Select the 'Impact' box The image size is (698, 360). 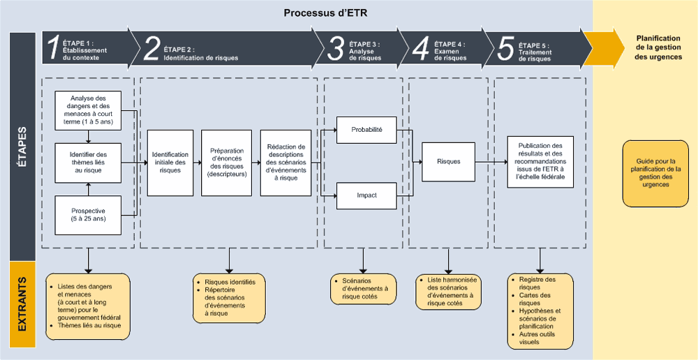click(x=366, y=195)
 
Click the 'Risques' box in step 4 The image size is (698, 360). click(x=448, y=162)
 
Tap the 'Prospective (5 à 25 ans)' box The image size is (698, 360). click(x=88, y=214)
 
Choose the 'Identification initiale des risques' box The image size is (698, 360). click(x=170, y=163)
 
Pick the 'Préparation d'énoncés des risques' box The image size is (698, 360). click(x=226, y=163)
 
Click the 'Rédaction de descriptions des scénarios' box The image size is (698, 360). click(x=285, y=163)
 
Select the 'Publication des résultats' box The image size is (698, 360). click(x=540, y=161)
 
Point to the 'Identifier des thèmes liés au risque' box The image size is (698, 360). click(x=88, y=162)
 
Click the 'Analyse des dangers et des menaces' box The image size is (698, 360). click(x=88, y=110)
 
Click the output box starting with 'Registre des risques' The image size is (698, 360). click(x=540, y=310)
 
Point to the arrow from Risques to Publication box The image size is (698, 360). click(x=491, y=162)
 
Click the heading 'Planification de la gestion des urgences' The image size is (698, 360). click(x=659, y=47)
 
